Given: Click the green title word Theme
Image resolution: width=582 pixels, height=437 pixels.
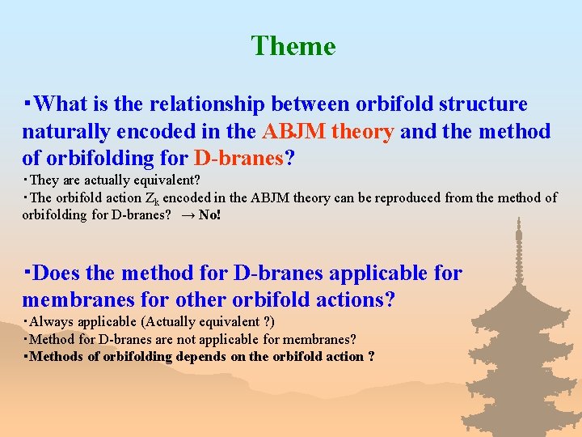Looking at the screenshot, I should coord(293,46).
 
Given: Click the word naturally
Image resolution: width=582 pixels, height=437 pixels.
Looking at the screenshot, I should coord(67,131).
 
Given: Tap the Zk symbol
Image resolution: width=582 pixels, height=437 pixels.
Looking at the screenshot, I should coord(150,198).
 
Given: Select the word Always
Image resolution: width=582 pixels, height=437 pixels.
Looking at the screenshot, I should coord(49,321).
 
